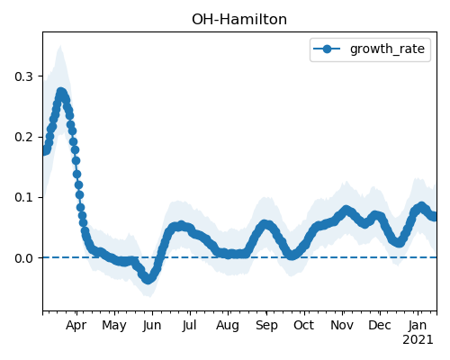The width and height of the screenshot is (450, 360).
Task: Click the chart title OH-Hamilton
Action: point(239,20)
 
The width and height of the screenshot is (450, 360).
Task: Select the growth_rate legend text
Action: point(387,49)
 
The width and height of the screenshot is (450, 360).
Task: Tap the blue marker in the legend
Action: point(327,49)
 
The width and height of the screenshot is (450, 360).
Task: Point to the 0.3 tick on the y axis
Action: point(23,76)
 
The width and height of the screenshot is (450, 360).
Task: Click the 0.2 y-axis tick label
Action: point(23,137)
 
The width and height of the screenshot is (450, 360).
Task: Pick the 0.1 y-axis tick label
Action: point(23,198)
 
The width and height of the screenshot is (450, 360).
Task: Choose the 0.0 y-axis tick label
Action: point(23,258)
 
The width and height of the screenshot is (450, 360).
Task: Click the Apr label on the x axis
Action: point(76,326)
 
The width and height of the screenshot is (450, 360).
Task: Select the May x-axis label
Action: point(114,326)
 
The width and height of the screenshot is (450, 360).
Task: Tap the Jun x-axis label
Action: point(152,326)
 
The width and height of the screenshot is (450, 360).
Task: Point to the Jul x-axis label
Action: point(189,326)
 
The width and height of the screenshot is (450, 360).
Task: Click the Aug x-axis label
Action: point(228,326)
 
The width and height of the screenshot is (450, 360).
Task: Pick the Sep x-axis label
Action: point(266,326)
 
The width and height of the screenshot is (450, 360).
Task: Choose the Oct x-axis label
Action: point(304,326)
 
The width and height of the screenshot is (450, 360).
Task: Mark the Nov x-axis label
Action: point(342,326)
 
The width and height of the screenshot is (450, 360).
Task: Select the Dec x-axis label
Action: point(380,326)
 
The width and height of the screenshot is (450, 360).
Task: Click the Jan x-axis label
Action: point(418,326)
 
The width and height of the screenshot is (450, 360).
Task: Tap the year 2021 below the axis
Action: point(418,340)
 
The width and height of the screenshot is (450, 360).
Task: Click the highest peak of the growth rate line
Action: point(61,92)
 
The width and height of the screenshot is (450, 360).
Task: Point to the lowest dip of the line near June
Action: point(148,280)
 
